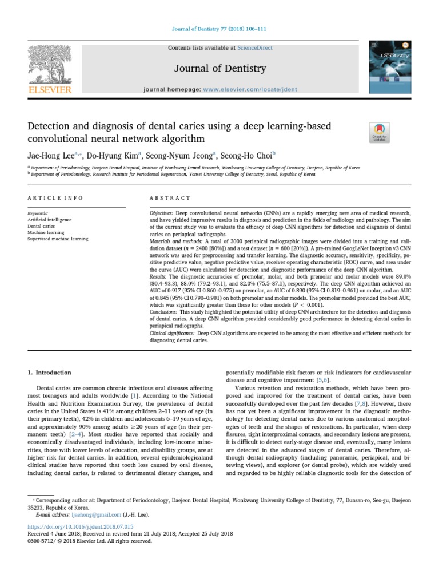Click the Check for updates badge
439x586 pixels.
(x=380, y=132)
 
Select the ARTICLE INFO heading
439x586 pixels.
(x=55, y=198)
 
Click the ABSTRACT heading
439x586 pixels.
(x=170, y=198)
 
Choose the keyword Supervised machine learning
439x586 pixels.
(x=58, y=239)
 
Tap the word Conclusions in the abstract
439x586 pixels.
(x=165, y=312)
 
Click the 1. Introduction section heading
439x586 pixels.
(x=50, y=373)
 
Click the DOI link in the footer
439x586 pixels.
(x=81, y=526)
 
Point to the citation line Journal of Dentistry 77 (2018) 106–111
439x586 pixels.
(x=219, y=28)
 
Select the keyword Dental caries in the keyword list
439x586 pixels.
(x=41, y=226)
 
